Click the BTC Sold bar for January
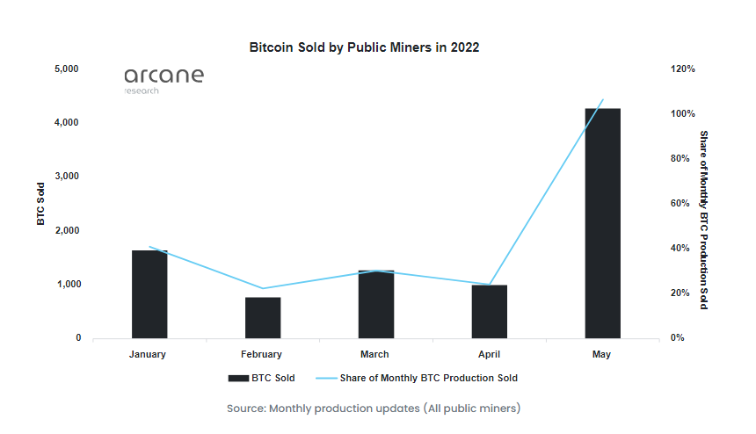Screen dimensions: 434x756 (149, 294)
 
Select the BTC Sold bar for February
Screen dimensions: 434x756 (263, 317)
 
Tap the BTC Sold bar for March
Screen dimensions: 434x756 (375, 304)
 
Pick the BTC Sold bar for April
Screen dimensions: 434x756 (489, 311)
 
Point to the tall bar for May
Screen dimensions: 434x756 (602, 223)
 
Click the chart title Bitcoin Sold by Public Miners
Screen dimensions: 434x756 (365, 47)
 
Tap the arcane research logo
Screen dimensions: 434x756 (164, 78)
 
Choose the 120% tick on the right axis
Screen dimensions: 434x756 (683, 69)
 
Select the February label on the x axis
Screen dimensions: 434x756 (262, 354)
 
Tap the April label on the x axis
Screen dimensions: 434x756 (489, 354)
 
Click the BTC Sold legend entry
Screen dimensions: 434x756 (262, 378)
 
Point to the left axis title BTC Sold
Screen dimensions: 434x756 (40, 204)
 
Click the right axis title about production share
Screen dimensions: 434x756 (703, 220)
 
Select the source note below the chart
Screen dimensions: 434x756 (374, 409)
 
